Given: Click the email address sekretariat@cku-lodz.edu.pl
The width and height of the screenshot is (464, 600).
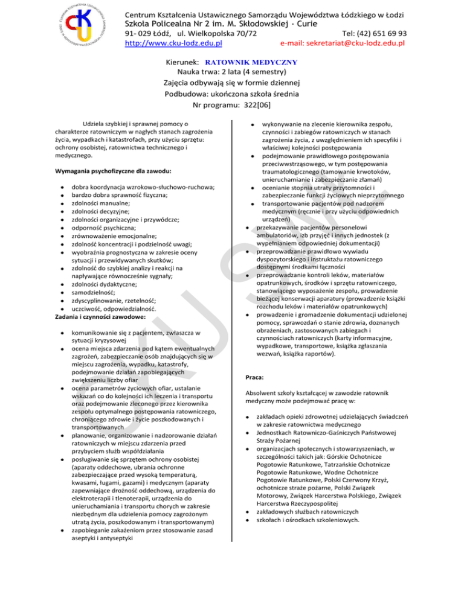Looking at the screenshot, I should point(343,43).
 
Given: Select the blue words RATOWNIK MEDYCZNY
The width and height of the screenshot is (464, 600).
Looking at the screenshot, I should point(251,62).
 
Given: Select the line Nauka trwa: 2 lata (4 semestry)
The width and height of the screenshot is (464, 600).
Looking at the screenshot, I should point(232,72).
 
